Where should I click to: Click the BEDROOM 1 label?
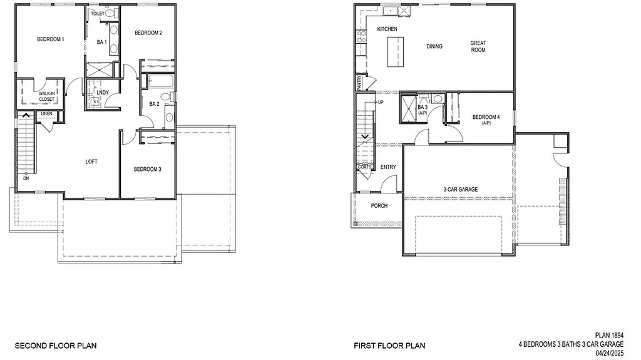[x=51, y=39]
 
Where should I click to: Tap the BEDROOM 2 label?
[x=149, y=33]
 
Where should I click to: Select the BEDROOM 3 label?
[x=148, y=169]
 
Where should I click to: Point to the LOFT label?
[x=91, y=162]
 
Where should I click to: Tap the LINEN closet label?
[x=47, y=114]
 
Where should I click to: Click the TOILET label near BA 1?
[x=98, y=13]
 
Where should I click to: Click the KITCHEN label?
[x=387, y=29]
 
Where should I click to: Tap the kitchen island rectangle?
[x=396, y=51]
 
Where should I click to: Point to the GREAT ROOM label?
[x=478, y=46]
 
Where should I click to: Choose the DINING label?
[x=434, y=46]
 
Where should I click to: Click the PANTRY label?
[x=359, y=83]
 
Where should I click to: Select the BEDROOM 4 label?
[x=486, y=118]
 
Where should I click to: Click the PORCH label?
[x=379, y=205]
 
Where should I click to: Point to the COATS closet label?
[x=364, y=167]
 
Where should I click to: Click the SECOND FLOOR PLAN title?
[x=51, y=345]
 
